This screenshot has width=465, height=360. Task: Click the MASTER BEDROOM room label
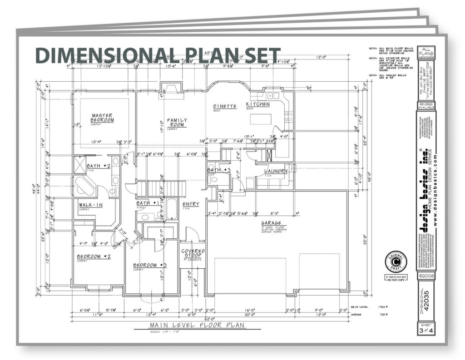(102, 118)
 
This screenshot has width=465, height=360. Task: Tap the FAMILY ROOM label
(177, 123)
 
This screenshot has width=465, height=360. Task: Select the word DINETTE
(225, 106)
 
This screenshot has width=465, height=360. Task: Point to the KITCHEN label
(258, 104)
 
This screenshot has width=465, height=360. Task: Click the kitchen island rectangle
(262, 119)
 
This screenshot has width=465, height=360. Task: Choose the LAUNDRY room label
(276, 171)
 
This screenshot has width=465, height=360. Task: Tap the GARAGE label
(271, 223)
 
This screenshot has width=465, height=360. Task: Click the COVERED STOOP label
(193, 253)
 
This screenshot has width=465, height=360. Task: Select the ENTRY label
(191, 204)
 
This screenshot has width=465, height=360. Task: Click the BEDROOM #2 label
(94, 256)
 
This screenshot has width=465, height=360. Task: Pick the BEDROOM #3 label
(149, 265)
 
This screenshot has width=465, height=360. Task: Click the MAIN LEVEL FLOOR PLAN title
(197, 325)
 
